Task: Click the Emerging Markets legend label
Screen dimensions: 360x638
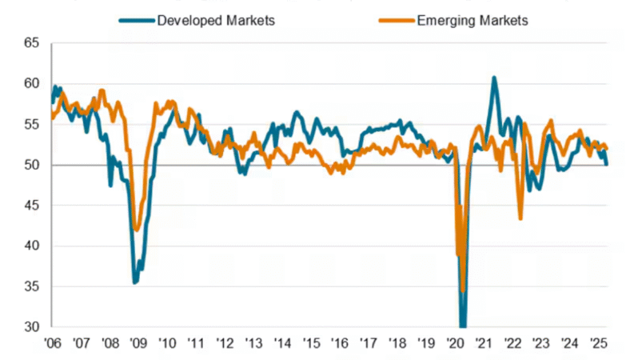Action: pos(473,21)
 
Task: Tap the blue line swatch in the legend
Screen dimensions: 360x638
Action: pos(135,21)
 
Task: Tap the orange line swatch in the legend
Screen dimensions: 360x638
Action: pos(397,21)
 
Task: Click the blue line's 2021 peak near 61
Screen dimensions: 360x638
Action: pos(494,78)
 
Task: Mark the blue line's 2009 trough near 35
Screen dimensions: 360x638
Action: pos(135,282)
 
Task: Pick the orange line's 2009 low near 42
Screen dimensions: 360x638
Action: pos(137,230)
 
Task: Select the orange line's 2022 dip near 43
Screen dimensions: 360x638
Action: pos(520,218)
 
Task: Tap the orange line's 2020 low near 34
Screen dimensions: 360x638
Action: pos(463,291)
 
